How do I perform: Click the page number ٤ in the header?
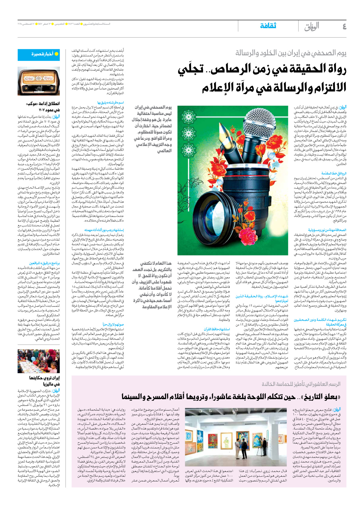pyautogui.click(x=344, y=27)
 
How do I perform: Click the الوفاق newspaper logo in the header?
pyautogui.click(x=312, y=27)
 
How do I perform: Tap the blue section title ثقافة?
pyautogui.click(x=268, y=26)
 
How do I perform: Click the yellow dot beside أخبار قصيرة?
pyautogui.click(x=56, y=54)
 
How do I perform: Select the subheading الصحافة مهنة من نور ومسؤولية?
pyautogui.click(x=327, y=230)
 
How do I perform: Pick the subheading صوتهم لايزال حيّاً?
pyautogui.click(x=113, y=324)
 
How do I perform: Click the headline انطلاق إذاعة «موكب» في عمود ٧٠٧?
pyautogui.click(x=43, y=107)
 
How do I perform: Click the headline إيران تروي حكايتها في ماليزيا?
pyautogui.click(x=44, y=381)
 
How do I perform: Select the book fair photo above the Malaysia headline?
pyautogui.click(x=39, y=361)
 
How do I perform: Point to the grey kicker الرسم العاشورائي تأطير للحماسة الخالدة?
pyautogui.click(x=301, y=384)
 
